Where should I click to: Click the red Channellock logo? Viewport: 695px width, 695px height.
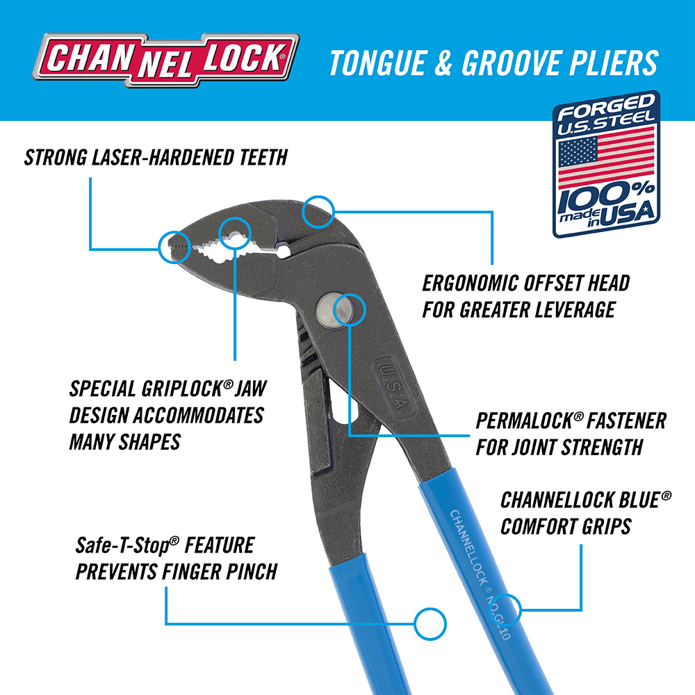tap(166, 59)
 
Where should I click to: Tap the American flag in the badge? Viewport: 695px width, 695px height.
tap(606, 156)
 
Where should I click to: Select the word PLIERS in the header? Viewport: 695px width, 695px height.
tap(614, 63)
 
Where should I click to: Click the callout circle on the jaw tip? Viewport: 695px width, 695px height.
tap(174, 247)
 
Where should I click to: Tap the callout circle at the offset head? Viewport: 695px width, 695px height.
tap(318, 212)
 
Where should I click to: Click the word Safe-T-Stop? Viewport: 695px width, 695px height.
tap(124, 545)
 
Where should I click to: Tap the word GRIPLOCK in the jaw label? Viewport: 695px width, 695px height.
tap(183, 389)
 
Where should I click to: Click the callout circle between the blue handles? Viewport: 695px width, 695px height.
tap(430, 623)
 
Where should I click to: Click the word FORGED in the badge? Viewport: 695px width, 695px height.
tap(606, 107)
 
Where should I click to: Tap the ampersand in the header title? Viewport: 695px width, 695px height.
tap(443, 63)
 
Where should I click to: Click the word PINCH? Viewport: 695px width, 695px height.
tap(252, 572)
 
